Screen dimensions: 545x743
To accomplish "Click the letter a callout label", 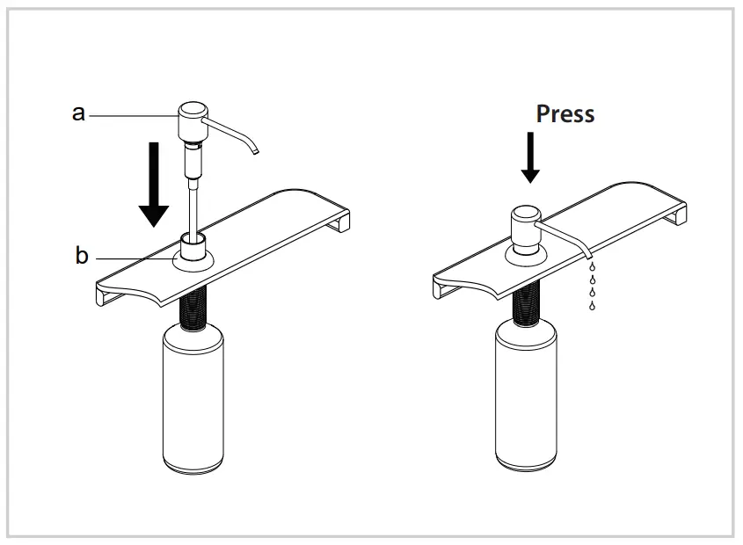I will tap(78, 113).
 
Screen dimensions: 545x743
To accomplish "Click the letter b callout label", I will tap(82, 256).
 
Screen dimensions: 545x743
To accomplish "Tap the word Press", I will tap(565, 113).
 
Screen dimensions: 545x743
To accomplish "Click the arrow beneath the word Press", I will tap(530, 157).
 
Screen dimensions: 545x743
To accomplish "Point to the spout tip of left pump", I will tap(256, 152).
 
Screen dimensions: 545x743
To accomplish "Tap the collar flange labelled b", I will tap(193, 259).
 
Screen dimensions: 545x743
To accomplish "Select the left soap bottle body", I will tap(193, 400).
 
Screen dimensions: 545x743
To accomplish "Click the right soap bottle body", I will tap(528, 396).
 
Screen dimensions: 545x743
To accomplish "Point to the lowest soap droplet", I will tap(591, 306).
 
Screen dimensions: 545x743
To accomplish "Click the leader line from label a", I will tap(132, 113).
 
